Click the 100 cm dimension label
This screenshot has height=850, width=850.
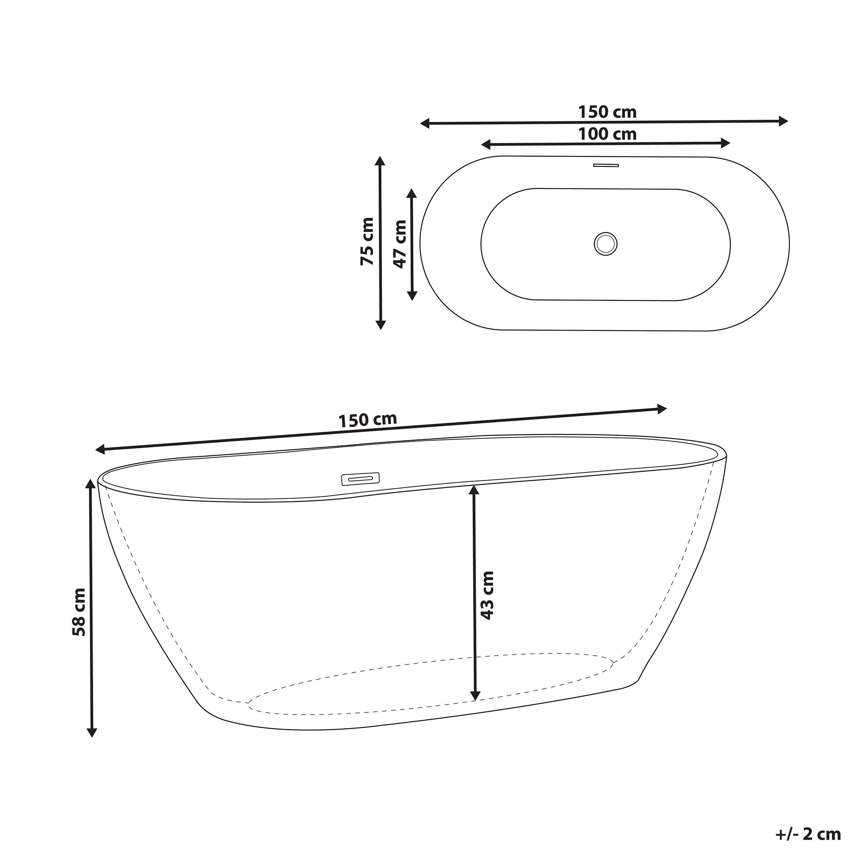tap(607, 134)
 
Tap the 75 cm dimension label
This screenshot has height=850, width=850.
tap(367, 242)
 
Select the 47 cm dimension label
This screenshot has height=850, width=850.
tap(399, 244)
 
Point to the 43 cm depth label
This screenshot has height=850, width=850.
tap(487, 596)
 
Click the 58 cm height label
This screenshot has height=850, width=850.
tap(79, 612)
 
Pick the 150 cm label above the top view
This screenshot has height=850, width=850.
tap(607, 112)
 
